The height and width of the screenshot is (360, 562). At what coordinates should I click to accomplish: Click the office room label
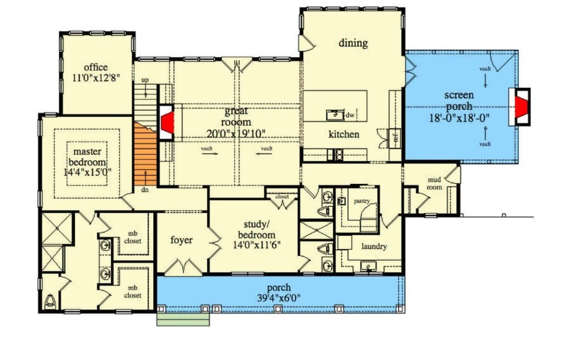point(95,67)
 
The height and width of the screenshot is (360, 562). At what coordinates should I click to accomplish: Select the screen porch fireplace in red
point(521,106)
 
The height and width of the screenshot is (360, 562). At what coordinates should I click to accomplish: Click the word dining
point(353,43)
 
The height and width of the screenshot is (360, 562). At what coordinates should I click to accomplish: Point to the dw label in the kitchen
point(350,115)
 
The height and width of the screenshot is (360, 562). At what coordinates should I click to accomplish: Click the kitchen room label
point(344,134)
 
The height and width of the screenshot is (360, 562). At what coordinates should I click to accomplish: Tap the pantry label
point(362,201)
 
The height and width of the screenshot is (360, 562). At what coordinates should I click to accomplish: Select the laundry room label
point(374,246)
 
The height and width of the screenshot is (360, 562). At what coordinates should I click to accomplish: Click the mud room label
point(435,183)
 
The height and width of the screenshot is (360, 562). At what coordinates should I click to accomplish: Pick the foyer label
point(181,240)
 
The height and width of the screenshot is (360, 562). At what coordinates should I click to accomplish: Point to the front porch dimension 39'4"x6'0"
point(279,297)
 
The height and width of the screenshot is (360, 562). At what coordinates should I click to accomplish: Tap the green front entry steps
point(183,320)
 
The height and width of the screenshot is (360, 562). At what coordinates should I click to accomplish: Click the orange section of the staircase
point(145,155)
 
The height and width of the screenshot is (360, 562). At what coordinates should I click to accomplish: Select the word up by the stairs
point(145,80)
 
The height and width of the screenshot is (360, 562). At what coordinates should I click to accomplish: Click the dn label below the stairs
point(144,190)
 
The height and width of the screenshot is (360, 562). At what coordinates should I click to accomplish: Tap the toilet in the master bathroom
point(50,301)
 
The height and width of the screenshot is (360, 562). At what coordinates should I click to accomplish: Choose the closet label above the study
point(282,196)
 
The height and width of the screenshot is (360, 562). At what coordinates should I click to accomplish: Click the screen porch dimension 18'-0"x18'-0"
point(459,118)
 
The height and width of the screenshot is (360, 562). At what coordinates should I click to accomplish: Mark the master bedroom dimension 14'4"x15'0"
point(87,172)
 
